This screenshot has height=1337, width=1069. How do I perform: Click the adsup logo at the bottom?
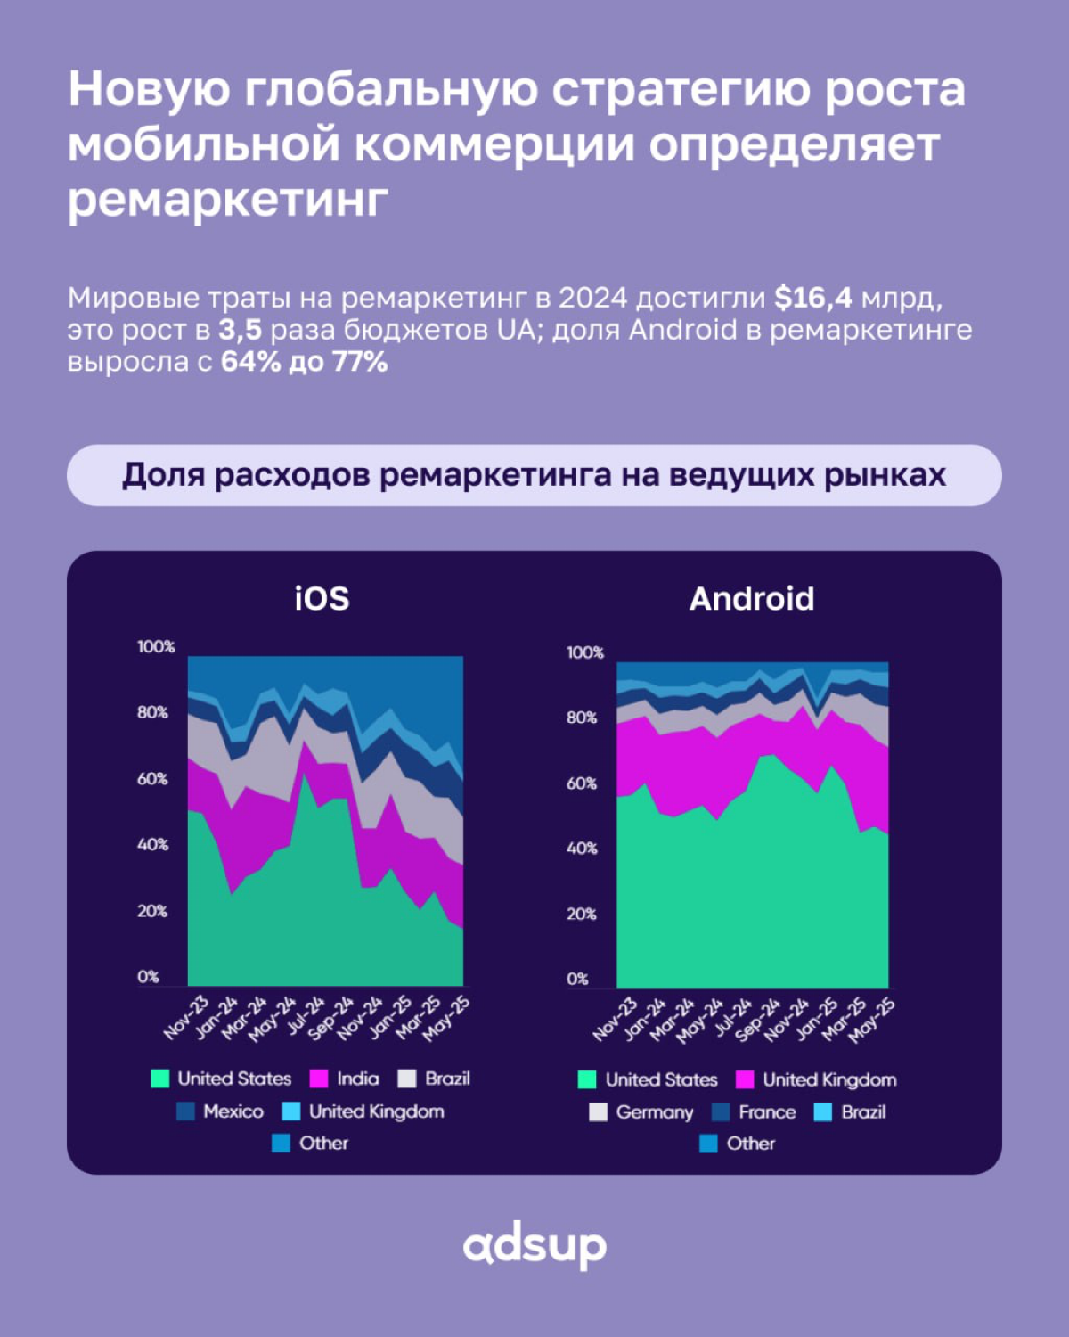coord(534,1247)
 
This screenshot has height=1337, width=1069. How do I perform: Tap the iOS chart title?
coord(322,598)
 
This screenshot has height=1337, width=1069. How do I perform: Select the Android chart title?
coord(751,599)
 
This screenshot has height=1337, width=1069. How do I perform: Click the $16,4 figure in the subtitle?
coord(812,298)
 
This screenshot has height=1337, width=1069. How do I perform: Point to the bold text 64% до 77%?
coord(304,362)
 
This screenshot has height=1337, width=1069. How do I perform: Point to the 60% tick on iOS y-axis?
coord(152,779)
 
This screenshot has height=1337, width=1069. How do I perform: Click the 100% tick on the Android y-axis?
coord(584,652)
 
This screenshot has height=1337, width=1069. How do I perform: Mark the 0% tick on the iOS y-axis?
coord(148,977)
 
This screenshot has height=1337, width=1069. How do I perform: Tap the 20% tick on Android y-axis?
coord(582,914)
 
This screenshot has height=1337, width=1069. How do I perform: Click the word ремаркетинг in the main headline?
coord(228,198)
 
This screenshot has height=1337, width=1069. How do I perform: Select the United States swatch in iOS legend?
coord(160,1079)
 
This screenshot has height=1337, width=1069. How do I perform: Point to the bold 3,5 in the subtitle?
coord(240,330)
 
